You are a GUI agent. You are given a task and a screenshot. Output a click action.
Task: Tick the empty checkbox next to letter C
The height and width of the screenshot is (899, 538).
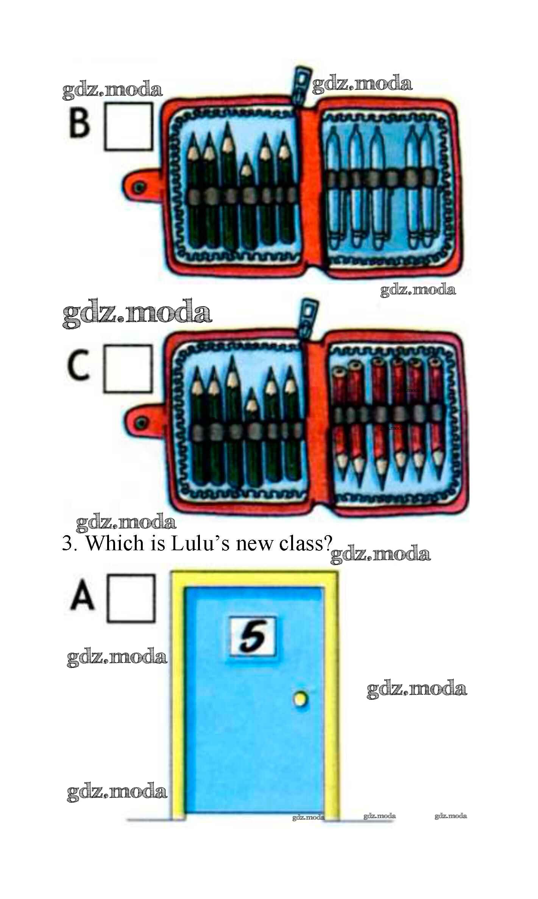click(x=128, y=368)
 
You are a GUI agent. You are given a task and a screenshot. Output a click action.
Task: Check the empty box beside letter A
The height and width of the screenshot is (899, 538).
click(x=131, y=598)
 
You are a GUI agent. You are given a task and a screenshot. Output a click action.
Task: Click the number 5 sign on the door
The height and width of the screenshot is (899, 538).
click(x=253, y=637)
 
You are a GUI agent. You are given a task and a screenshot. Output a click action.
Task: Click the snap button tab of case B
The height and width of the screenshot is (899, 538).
click(x=142, y=186)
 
